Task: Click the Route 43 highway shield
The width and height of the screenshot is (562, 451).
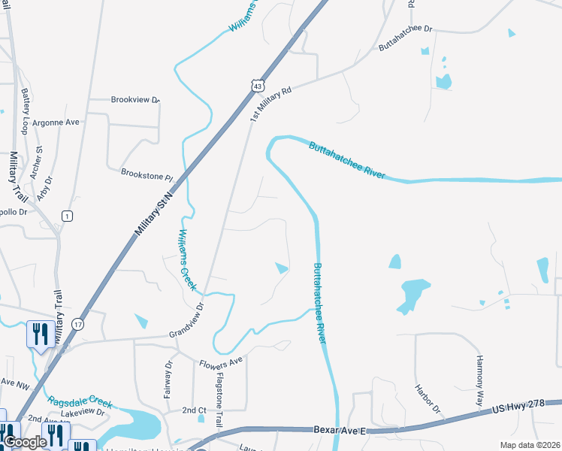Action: pos(258,87)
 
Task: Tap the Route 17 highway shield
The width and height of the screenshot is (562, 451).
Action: pos(78,323)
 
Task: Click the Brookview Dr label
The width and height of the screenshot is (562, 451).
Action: pos(136,99)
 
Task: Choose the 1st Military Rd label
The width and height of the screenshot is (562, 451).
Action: pos(270,102)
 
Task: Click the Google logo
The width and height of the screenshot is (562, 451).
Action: pos(25,441)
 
